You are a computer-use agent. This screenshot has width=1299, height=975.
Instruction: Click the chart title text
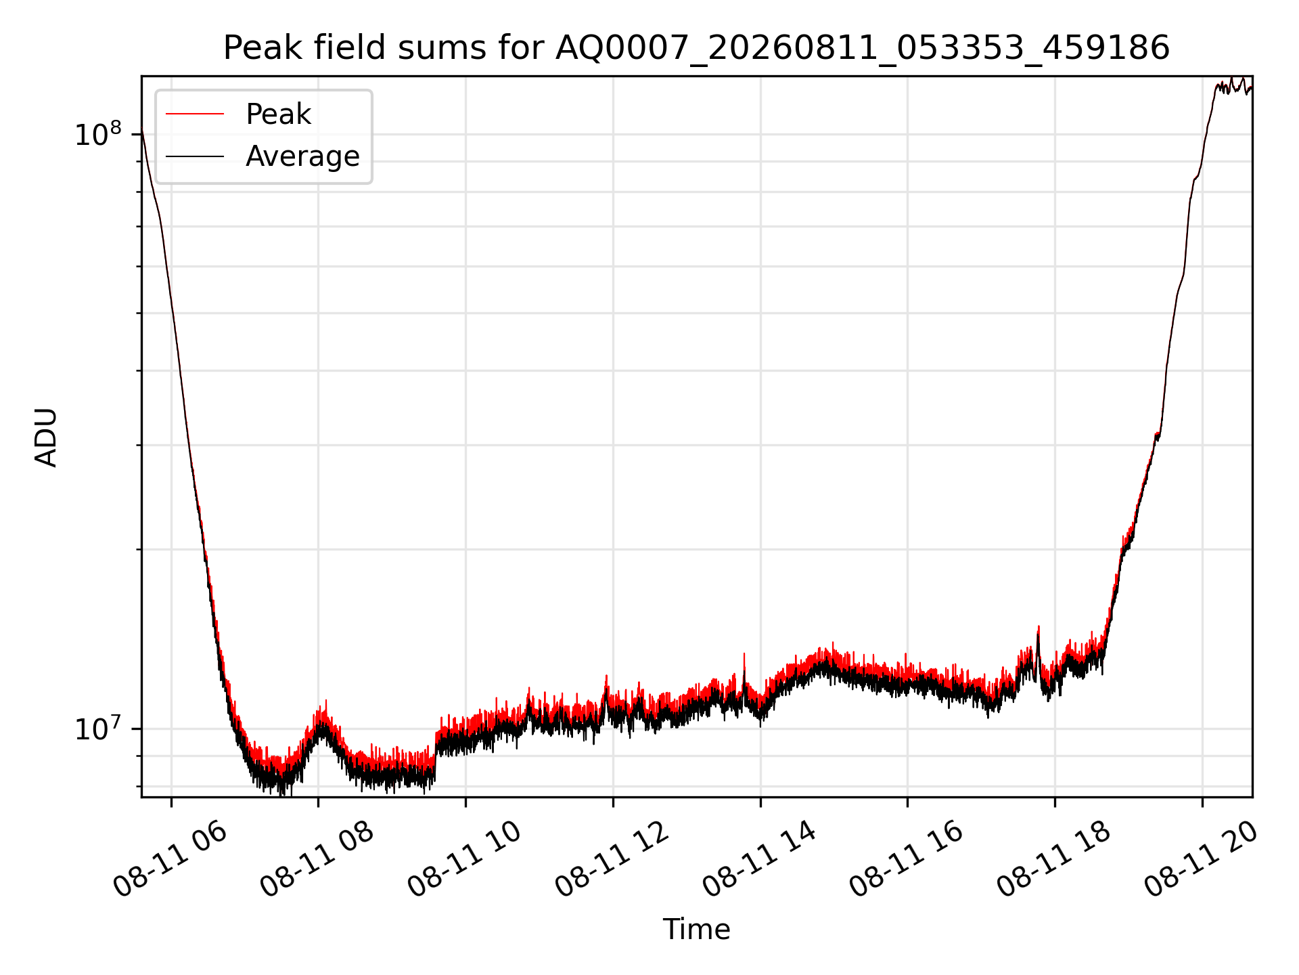click(696, 48)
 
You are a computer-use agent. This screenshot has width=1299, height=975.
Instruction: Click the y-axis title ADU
click(46, 437)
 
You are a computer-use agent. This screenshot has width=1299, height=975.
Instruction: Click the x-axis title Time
click(696, 929)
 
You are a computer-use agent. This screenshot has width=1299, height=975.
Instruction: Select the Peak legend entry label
click(278, 114)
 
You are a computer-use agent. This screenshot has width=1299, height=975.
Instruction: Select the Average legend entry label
click(302, 156)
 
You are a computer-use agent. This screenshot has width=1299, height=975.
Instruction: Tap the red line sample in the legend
click(195, 114)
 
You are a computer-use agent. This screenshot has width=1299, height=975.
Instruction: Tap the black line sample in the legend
click(195, 156)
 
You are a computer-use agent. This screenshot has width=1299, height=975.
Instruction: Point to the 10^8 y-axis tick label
click(99, 134)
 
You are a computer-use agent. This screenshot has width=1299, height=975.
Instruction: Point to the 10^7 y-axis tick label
click(99, 729)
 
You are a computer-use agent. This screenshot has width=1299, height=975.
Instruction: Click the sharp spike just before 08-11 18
click(1039, 627)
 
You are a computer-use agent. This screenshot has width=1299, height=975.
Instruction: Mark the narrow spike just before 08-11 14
click(744, 654)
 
